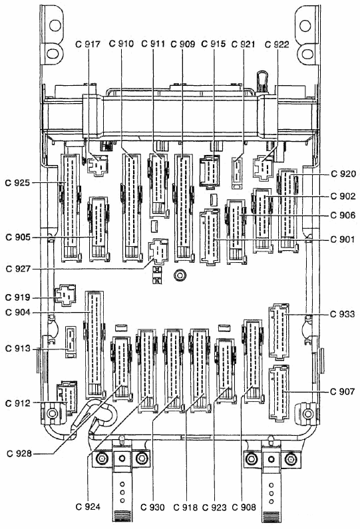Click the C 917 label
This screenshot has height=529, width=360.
point(88,44)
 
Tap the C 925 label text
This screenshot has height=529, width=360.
point(17,183)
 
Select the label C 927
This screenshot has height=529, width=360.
point(18,269)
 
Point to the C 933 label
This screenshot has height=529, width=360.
point(343,314)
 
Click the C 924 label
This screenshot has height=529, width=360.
point(88,507)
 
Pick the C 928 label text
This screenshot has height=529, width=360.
point(19,453)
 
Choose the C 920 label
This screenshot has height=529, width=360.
point(343,174)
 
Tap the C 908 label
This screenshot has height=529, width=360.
point(244,507)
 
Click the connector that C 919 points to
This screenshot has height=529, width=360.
point(65,295)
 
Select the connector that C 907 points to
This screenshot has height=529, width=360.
point(279,393)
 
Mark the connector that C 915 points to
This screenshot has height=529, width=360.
point(210,171)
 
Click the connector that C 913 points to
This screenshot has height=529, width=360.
point(71,342)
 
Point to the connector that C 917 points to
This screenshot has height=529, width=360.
point(97,165)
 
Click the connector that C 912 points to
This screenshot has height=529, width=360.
point(67,397)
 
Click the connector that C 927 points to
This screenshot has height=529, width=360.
point(158,251)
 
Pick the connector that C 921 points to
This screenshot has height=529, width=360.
point(237,173)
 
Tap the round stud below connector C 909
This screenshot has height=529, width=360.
point(180,275)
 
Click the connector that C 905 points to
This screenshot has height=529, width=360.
point(98,230)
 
